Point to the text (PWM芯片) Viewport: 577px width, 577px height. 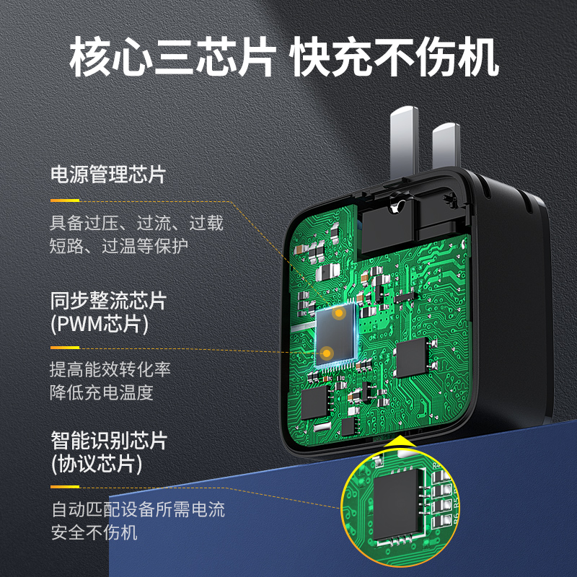(x=100, y=324)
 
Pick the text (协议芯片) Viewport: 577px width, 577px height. (x=96, y=463)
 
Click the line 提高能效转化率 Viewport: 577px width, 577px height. (x=110, y=370)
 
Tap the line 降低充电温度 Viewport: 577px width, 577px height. (x=102, y=393)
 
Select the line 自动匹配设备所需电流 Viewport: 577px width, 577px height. (x=138, y=510)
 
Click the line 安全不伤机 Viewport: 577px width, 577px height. (x=94, y=533)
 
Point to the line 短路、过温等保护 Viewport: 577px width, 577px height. (x=119, y=245)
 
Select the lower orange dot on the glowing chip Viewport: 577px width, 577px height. (x=327, y=352)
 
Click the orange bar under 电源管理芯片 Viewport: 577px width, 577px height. (x=65, y=200)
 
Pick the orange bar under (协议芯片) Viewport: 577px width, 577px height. (x=65, y=487)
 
